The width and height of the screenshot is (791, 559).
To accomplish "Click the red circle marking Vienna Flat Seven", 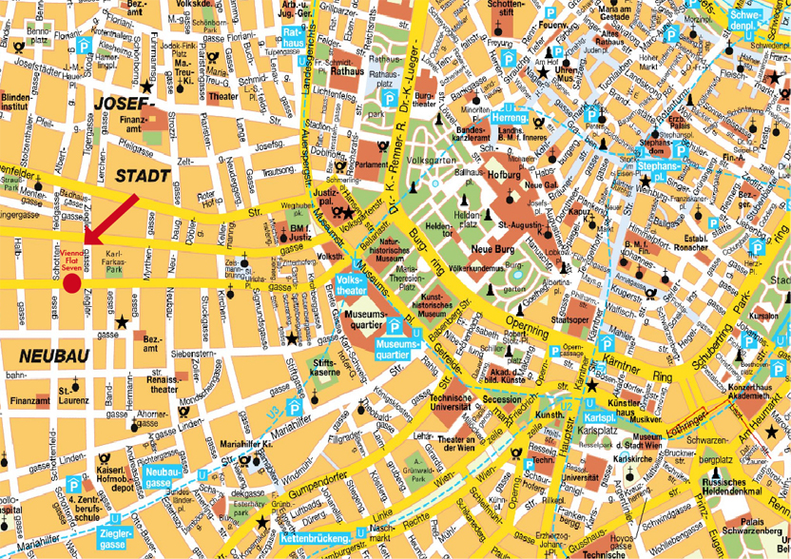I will tap(71, 282).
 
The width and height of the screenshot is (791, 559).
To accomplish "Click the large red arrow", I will tap(110, 221).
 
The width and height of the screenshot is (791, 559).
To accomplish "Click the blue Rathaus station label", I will tap(295, 37).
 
